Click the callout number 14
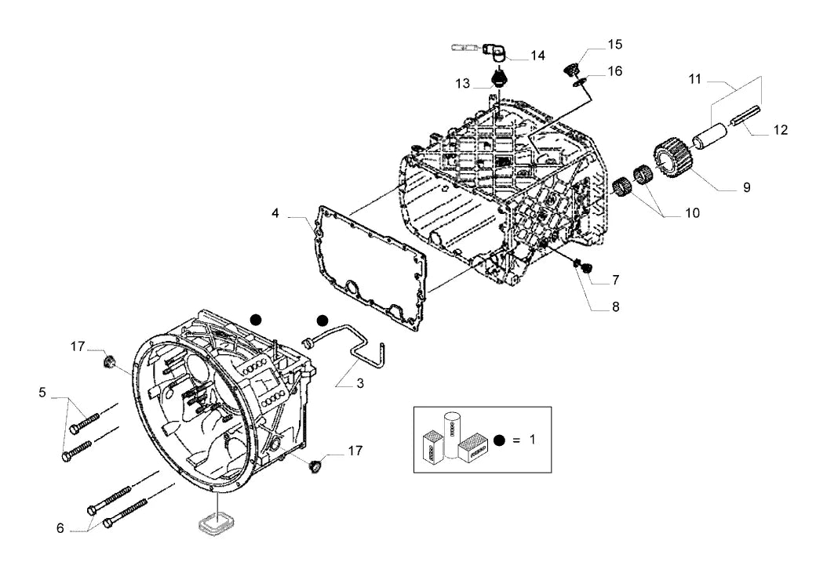pos(537,56)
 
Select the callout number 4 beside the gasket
pos(275,213)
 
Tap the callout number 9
pos(746,187)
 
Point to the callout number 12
pos(780,129)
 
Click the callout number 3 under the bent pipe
pos(360,384)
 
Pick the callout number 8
pos(615,306)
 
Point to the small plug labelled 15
pos(572,69)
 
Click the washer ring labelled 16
pos(580,82)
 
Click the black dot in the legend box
pos(500,440)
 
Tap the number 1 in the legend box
pos(532,439)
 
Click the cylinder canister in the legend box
pos(451,435)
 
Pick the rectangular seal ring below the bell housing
pos(215,523)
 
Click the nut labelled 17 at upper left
pos(109,362)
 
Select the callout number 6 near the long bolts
pos(60,528)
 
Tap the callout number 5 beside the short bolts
pos(42,393)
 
